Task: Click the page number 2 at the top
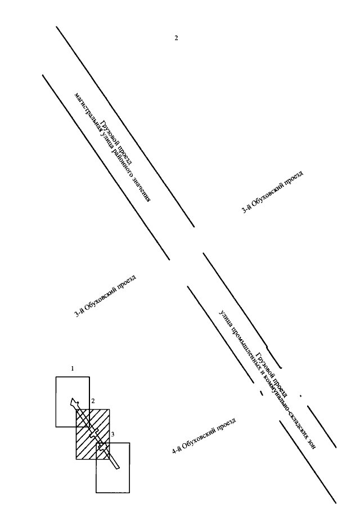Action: pyautogui.click(x=176, y=38)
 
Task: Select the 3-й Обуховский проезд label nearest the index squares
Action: pyautogui.click(x=105, y=296)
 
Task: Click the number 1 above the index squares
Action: pyautogui.click(x=73, y=368)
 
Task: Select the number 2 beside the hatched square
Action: pyautogui.click(x=93, y=401)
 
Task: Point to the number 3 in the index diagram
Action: pyautogui.click(x=112, y=434)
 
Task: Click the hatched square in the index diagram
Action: pyautogui.click(x=93, y=434)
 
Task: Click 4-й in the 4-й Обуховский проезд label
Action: pyautogui.click(x=176, y=450)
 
